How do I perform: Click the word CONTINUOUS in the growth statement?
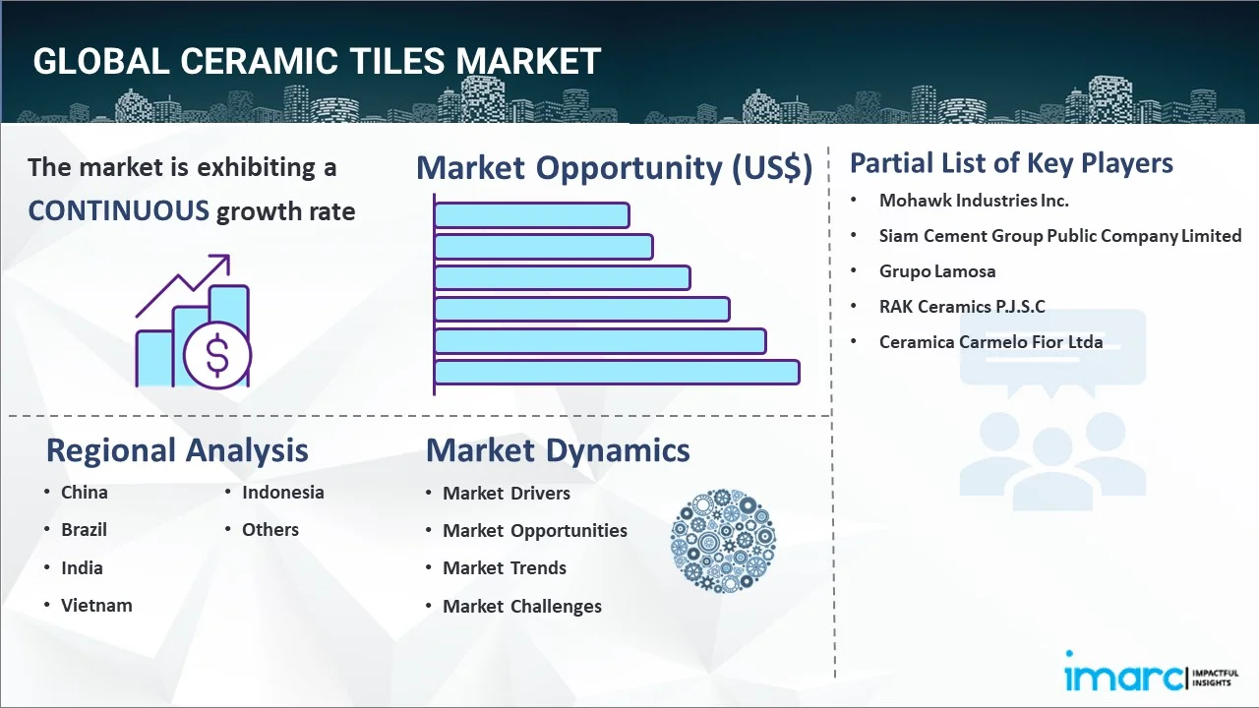(x=118, y=210)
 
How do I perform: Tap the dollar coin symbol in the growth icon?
(x=217, y=356)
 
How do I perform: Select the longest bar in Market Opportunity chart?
(x=617, y=372)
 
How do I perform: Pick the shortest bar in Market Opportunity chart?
(x=531, y=214)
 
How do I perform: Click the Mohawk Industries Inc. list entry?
(x=974, y=201)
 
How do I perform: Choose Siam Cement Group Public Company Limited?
(x=1060, y=236)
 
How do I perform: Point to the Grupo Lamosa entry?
(x=937, y=271)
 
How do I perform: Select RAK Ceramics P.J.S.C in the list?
(x=962, y=307)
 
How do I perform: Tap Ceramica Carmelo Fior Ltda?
(x=990, y=342)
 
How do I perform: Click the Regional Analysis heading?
(x=177, y=450)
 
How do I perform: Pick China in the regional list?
(x=85, y=493)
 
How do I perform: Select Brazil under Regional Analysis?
(x=85, y=530)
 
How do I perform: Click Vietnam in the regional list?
(x=96, y=606)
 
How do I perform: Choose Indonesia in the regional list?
(x=283, y=493)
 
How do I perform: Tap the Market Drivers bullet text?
(x=507, y=494)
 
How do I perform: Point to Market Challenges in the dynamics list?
(x=522, y=607)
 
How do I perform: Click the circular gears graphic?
(x=723, y=541)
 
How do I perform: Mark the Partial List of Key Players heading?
(x=1011, y=162)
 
